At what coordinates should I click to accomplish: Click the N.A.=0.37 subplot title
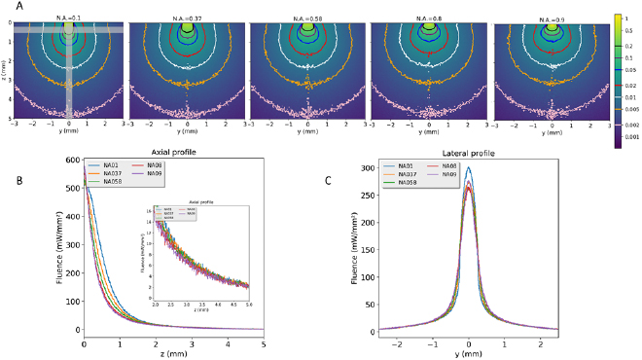tap(188, 17)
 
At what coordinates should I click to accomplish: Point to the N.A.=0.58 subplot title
tap(308, 17)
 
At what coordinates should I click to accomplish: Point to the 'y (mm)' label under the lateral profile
tap(470, 351)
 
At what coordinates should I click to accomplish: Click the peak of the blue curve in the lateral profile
tap(469, 167)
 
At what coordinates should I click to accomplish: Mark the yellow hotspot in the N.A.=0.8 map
tap(430, 30)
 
